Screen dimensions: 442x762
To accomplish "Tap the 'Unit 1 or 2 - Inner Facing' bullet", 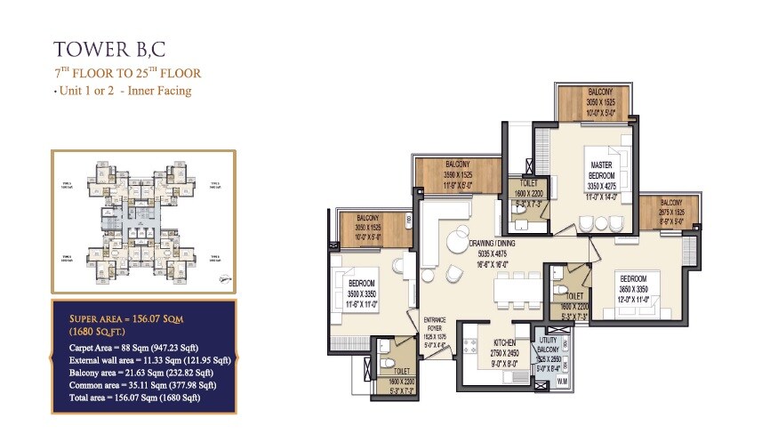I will pyautogui.click(x=123, y=91).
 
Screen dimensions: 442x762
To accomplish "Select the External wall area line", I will pyautogui.click(x=149, y=359).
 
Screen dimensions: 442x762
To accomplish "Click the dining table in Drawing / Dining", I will pyautogui.click(x=519, y=287).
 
